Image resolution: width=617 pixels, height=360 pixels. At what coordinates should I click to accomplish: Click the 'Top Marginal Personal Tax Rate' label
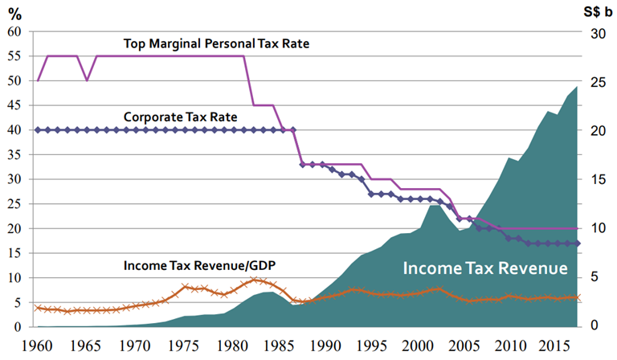(x=216, y=43)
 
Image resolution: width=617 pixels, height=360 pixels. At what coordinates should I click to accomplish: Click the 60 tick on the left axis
(x=14, y=31)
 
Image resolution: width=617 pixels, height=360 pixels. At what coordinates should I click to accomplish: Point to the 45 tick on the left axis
(x=14, y=105)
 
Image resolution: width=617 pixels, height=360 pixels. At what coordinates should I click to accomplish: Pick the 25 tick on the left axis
(x=14, y=204)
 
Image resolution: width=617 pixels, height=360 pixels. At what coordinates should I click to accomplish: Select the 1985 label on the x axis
(x=270, y=344)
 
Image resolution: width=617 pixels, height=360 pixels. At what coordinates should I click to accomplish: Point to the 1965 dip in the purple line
(x=87, y=80)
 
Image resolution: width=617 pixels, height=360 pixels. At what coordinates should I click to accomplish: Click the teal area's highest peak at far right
(x=576, y=87)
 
